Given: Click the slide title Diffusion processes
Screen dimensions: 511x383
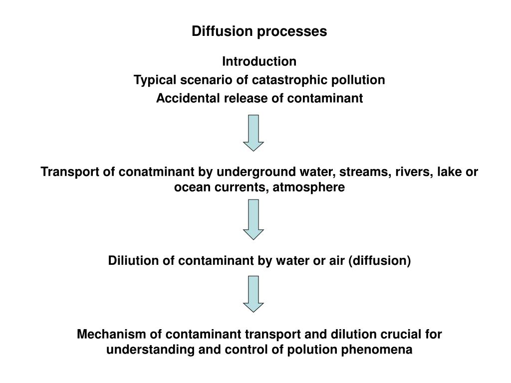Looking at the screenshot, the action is tap(259, 31).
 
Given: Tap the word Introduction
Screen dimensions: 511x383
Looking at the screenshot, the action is tap(259, 61).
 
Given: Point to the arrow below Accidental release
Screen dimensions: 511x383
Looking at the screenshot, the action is tap(253, 133).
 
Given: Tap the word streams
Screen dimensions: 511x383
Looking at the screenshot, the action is tap(365, 172).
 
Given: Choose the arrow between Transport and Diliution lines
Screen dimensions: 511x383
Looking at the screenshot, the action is tap(253, 219).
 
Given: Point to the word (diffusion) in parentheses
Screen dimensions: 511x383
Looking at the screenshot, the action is tap(379, 261).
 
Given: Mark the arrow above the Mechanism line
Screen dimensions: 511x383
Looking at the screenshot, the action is tap(253, 294).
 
